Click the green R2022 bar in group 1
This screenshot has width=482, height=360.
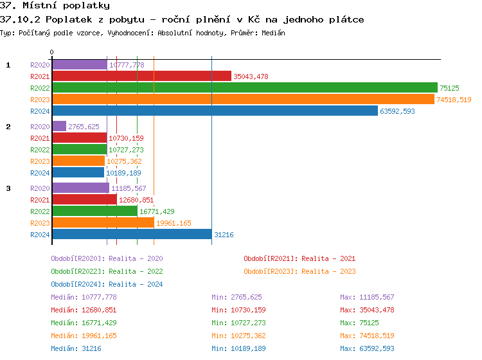pos(244,87)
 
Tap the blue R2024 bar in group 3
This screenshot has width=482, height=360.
pos(132,235)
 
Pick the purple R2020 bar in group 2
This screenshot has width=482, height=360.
pos(59,127)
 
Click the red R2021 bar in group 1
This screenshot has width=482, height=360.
pos(141,76)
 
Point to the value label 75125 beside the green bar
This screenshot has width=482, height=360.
pos(450,88)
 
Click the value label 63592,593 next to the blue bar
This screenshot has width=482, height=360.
pos(397,111)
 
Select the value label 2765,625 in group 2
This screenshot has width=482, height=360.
pos(84,127)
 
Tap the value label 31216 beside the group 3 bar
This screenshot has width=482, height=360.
pos(224,235)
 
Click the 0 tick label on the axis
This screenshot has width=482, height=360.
pos(52,53)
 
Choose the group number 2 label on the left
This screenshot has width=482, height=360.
pos(8,127)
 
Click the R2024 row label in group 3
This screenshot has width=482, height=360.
pos(40,235)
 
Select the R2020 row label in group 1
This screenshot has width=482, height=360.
pos(40,65)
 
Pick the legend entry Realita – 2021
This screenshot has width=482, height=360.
pos(299,258)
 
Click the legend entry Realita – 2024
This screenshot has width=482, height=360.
pos(107,284)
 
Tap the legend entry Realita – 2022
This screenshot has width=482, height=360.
pos(107,271)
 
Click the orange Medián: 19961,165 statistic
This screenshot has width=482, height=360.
pos(84,336)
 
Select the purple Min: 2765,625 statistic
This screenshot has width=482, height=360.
pos(237,297)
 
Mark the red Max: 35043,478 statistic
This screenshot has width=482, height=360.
pos(367,310)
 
